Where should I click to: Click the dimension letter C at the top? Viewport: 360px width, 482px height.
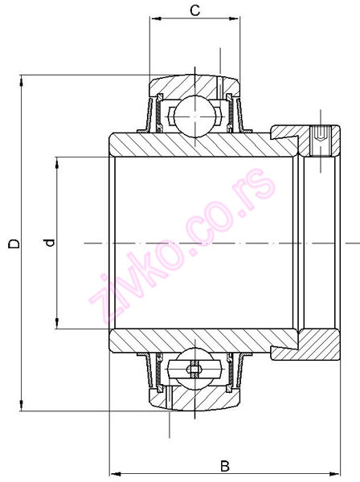(194, 10)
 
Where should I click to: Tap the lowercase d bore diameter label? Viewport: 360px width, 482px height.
(49, 243)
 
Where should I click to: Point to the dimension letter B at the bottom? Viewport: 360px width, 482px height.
(226, 465)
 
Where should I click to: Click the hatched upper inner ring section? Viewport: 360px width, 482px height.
(201, 144)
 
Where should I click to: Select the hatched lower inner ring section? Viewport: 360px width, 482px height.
(201, 341)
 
